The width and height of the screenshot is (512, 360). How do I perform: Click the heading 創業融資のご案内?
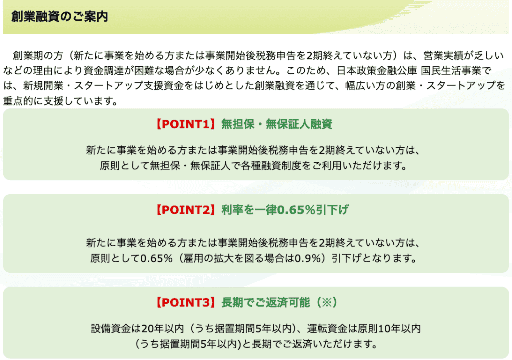point(59,17)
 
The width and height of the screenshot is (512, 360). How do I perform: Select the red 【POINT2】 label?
point(185,210)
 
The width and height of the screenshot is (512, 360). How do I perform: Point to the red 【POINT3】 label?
point(185,302)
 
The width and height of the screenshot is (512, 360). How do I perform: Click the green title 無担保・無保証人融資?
point(277,124)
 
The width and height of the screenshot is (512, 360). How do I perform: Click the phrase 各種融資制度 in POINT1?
point(272,165)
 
